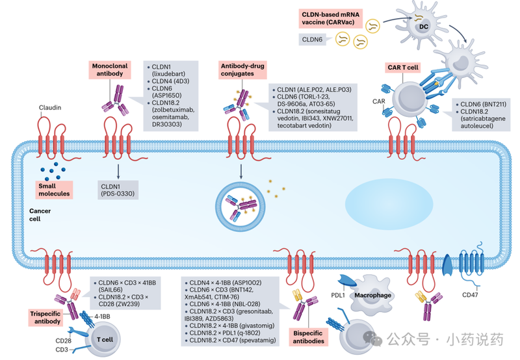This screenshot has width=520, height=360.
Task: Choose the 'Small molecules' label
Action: point(54,189)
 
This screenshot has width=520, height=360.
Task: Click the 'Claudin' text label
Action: point(52,108)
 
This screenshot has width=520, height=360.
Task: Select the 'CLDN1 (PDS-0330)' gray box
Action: point(118,190)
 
